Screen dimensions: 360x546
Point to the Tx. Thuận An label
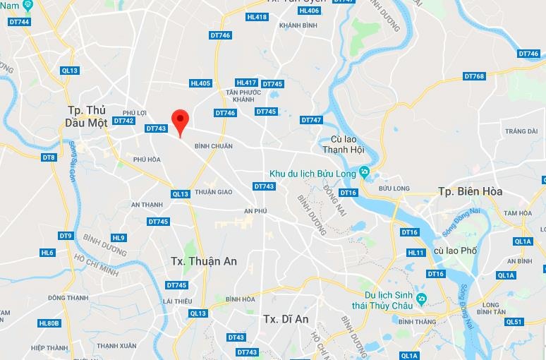[x=204, y=261]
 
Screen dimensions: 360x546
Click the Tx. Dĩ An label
[x=286, y=318]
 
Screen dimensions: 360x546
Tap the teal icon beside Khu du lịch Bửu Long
[x=363, y=172]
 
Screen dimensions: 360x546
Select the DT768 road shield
[x=474, y=76]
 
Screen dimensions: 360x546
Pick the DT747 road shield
[x=311, y=120]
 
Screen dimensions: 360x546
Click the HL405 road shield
[x=201, y=83]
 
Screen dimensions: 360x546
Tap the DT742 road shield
[x=123, y=121]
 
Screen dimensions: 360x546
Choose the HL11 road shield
[x=416, y=253]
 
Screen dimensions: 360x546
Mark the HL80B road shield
[x=49, y=323]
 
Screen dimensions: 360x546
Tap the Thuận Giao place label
[x=213, y=191]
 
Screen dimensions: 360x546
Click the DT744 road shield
[x=18, y=22]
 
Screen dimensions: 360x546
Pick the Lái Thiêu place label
[x=177, y=301]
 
